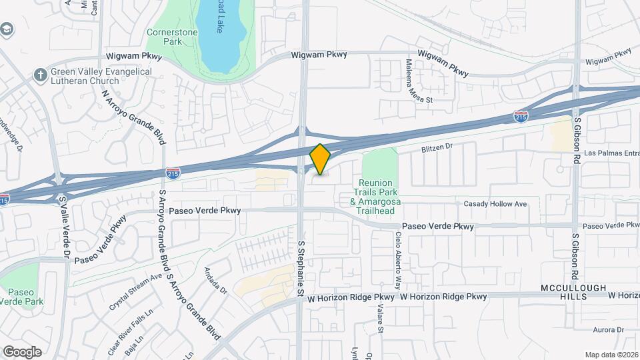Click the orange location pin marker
tap(320, 159)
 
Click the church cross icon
tap(41, 74)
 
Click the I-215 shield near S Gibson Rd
tap(521, 117)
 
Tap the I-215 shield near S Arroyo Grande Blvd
tap(172, 173)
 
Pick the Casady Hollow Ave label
tap(495, 203)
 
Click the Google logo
tap(22, 351)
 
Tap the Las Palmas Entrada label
tap(611, 153)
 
